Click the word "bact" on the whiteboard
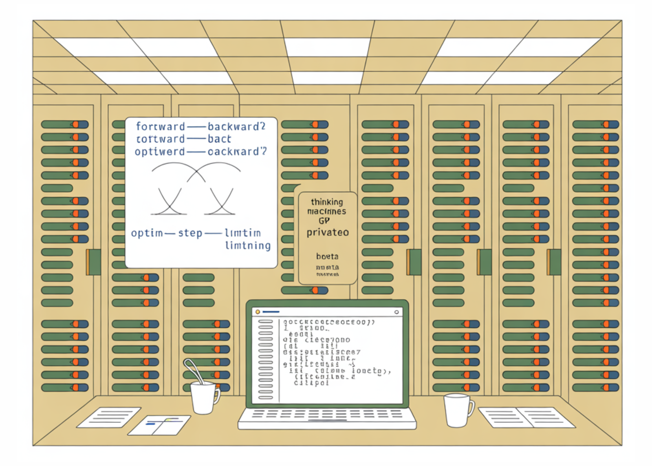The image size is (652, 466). point(219,139)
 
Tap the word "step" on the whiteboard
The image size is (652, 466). point(190,233)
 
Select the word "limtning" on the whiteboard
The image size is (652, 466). point(248,246)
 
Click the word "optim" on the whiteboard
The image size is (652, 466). point(147,233)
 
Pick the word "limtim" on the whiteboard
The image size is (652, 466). point(243,233)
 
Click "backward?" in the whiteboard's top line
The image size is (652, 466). point(237,126)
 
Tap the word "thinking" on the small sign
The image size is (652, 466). point(327,202)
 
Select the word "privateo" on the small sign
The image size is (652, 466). point(328,232)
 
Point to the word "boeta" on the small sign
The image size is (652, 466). point(327,256)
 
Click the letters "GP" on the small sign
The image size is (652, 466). point(324,221)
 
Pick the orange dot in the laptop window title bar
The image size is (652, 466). point(258,312)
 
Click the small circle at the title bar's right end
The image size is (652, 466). point(396,312)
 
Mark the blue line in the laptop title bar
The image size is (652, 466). point(271,312)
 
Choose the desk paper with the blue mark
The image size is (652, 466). point(159,425)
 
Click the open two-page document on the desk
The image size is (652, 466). point(526,417)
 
